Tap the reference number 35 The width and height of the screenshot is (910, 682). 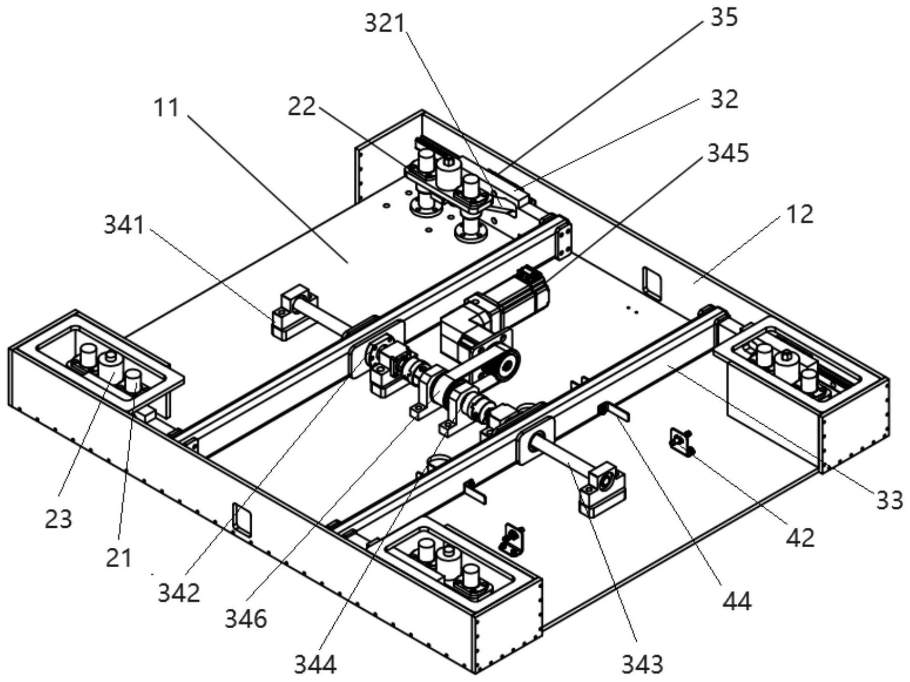(724, 17)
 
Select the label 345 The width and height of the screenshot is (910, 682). (728, 153)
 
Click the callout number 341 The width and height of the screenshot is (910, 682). (125, 224)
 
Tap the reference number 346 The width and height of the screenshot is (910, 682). (246, 619)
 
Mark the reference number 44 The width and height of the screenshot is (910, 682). (737, 601)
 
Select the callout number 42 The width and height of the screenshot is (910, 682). (800, 538)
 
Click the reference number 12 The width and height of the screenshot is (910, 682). (799, 214)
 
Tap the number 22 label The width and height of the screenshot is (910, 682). (301, 107)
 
